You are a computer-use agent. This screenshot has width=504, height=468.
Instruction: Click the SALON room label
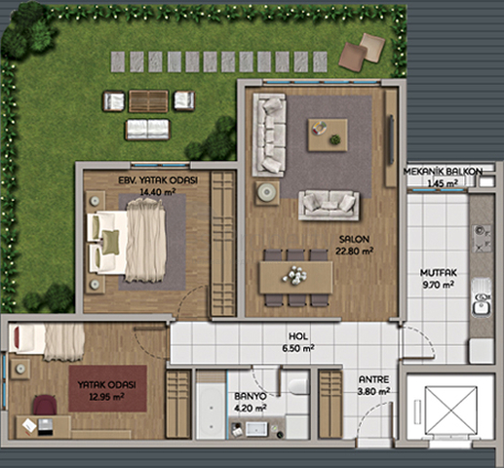pyautogui.click(x=354, y=240)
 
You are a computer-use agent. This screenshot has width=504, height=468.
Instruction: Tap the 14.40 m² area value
pyautogui.click(x=158, y=192)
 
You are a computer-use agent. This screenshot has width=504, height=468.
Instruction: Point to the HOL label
pyautogui.click(x=298, y=336)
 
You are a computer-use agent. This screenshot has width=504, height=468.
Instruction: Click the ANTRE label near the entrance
pyautogui.click(x=373, y=379)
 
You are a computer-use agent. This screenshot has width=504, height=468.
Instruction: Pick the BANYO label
pyautogui.click(x=251, y=397)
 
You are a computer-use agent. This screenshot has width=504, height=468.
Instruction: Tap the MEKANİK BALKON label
pyautogui.click(x=443, y=172)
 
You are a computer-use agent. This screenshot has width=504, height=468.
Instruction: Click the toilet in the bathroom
pyautogui.click(x=298, y=387)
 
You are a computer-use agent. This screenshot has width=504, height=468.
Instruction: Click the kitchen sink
pyautogui.click(x=482, y=298)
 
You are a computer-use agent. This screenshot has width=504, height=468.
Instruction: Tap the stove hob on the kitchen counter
pyautogui.click(x=482, y=238)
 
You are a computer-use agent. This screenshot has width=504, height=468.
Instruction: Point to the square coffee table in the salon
pyautogui.click(x=328, y=135)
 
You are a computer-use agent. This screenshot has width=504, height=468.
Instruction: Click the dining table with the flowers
pyautogui.click(x=296, y=278)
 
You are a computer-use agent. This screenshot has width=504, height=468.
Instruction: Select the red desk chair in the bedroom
pyautogui.click(x=45, y=405)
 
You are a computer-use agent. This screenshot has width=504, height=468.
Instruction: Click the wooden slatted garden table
pyautogui.click(x=148, y=101)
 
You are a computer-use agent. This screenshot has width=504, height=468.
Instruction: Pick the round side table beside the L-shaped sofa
pyautogui.click(x=267, y=193)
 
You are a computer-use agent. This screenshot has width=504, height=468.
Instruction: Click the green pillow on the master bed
pyautogui.click(x=111, y=242)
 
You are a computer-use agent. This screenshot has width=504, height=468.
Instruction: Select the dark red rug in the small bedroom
pyautogui.click(x=107, y=389)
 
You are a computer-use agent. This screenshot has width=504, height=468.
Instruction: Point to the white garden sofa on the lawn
pyautogui.click(x=148, y=130)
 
